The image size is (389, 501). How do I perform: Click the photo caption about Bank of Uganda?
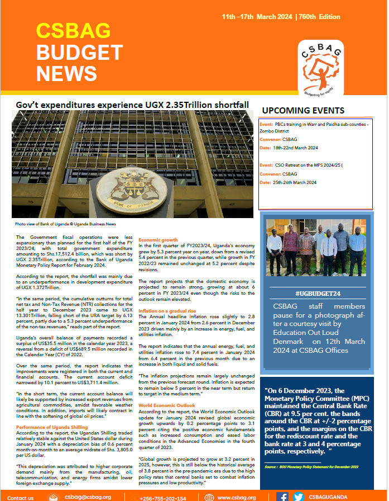(x=66, y=224)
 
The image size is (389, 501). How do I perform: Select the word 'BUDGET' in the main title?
(x=79, y=52)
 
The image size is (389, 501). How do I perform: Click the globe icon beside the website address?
(x=209, y=497)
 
